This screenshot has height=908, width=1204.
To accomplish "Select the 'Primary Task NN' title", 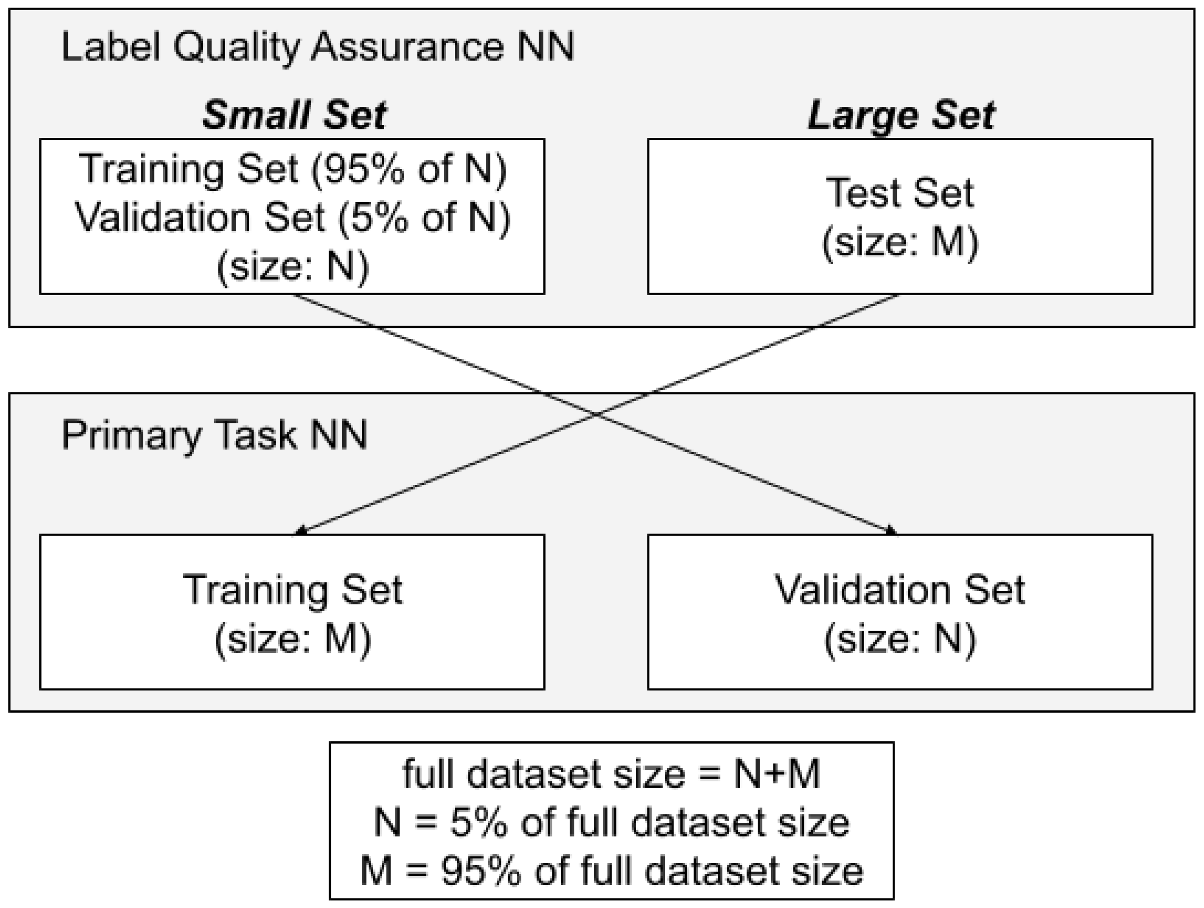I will [x=215, y=435].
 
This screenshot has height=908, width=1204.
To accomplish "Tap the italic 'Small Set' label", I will [x=294, y=115].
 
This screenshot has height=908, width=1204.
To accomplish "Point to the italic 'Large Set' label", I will [x=901, y=115].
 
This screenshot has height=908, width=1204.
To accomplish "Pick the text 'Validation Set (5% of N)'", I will [x=293, y=218].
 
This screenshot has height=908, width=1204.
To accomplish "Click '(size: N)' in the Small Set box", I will [x=293, y=266].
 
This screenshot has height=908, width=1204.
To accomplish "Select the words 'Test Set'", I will [x=900, y=193].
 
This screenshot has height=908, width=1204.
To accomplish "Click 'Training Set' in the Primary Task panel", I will [x=293, y=590].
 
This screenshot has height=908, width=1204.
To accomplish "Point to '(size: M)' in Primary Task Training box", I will [x=293, y=639].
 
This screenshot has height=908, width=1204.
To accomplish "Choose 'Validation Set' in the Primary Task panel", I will [x=900, y=590].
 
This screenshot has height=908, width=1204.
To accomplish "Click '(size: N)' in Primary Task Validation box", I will [x=900, y=639].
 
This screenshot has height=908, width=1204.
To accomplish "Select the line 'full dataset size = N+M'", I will [x=611, y=774].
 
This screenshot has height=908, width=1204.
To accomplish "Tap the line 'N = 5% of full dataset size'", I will [x=611, y=822].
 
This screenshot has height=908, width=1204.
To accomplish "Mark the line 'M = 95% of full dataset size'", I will [x=611, y=871].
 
